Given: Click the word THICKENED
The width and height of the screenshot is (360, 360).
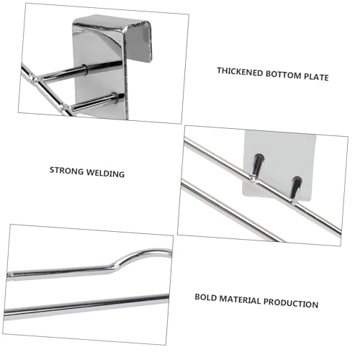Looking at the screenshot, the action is (240, 72).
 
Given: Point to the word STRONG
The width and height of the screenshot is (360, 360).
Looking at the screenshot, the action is (66, 171).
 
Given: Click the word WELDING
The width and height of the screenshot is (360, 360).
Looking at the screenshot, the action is (105, 174).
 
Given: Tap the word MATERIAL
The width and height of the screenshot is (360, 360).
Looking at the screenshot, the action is (240, 300).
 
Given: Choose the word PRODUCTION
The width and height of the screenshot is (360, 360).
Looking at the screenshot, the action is (291, 303).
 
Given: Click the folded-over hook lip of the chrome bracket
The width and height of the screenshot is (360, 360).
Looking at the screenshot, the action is (139, 41).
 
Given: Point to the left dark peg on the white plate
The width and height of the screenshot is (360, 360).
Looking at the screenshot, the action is (258, 164).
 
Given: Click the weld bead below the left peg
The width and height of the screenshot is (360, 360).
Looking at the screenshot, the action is (253, 179).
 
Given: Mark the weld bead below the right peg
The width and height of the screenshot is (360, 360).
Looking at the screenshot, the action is (293, 202).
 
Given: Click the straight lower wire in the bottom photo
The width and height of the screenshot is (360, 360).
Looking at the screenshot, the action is (86, 307).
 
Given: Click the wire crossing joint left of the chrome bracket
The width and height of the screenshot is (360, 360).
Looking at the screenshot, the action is (35, 78).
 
